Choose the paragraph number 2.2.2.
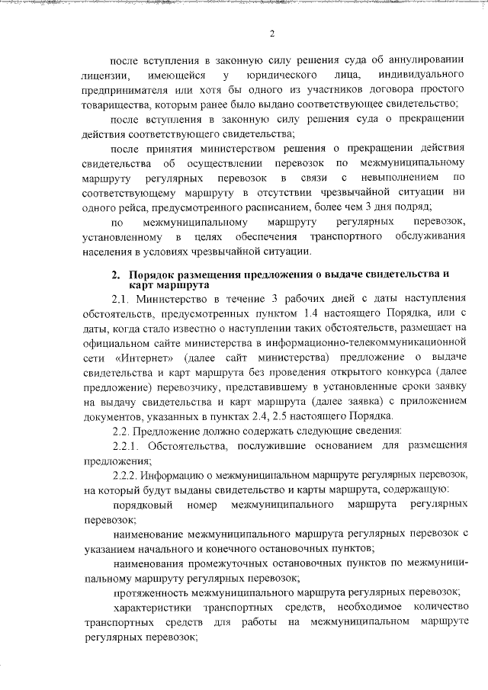click(127, 476)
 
